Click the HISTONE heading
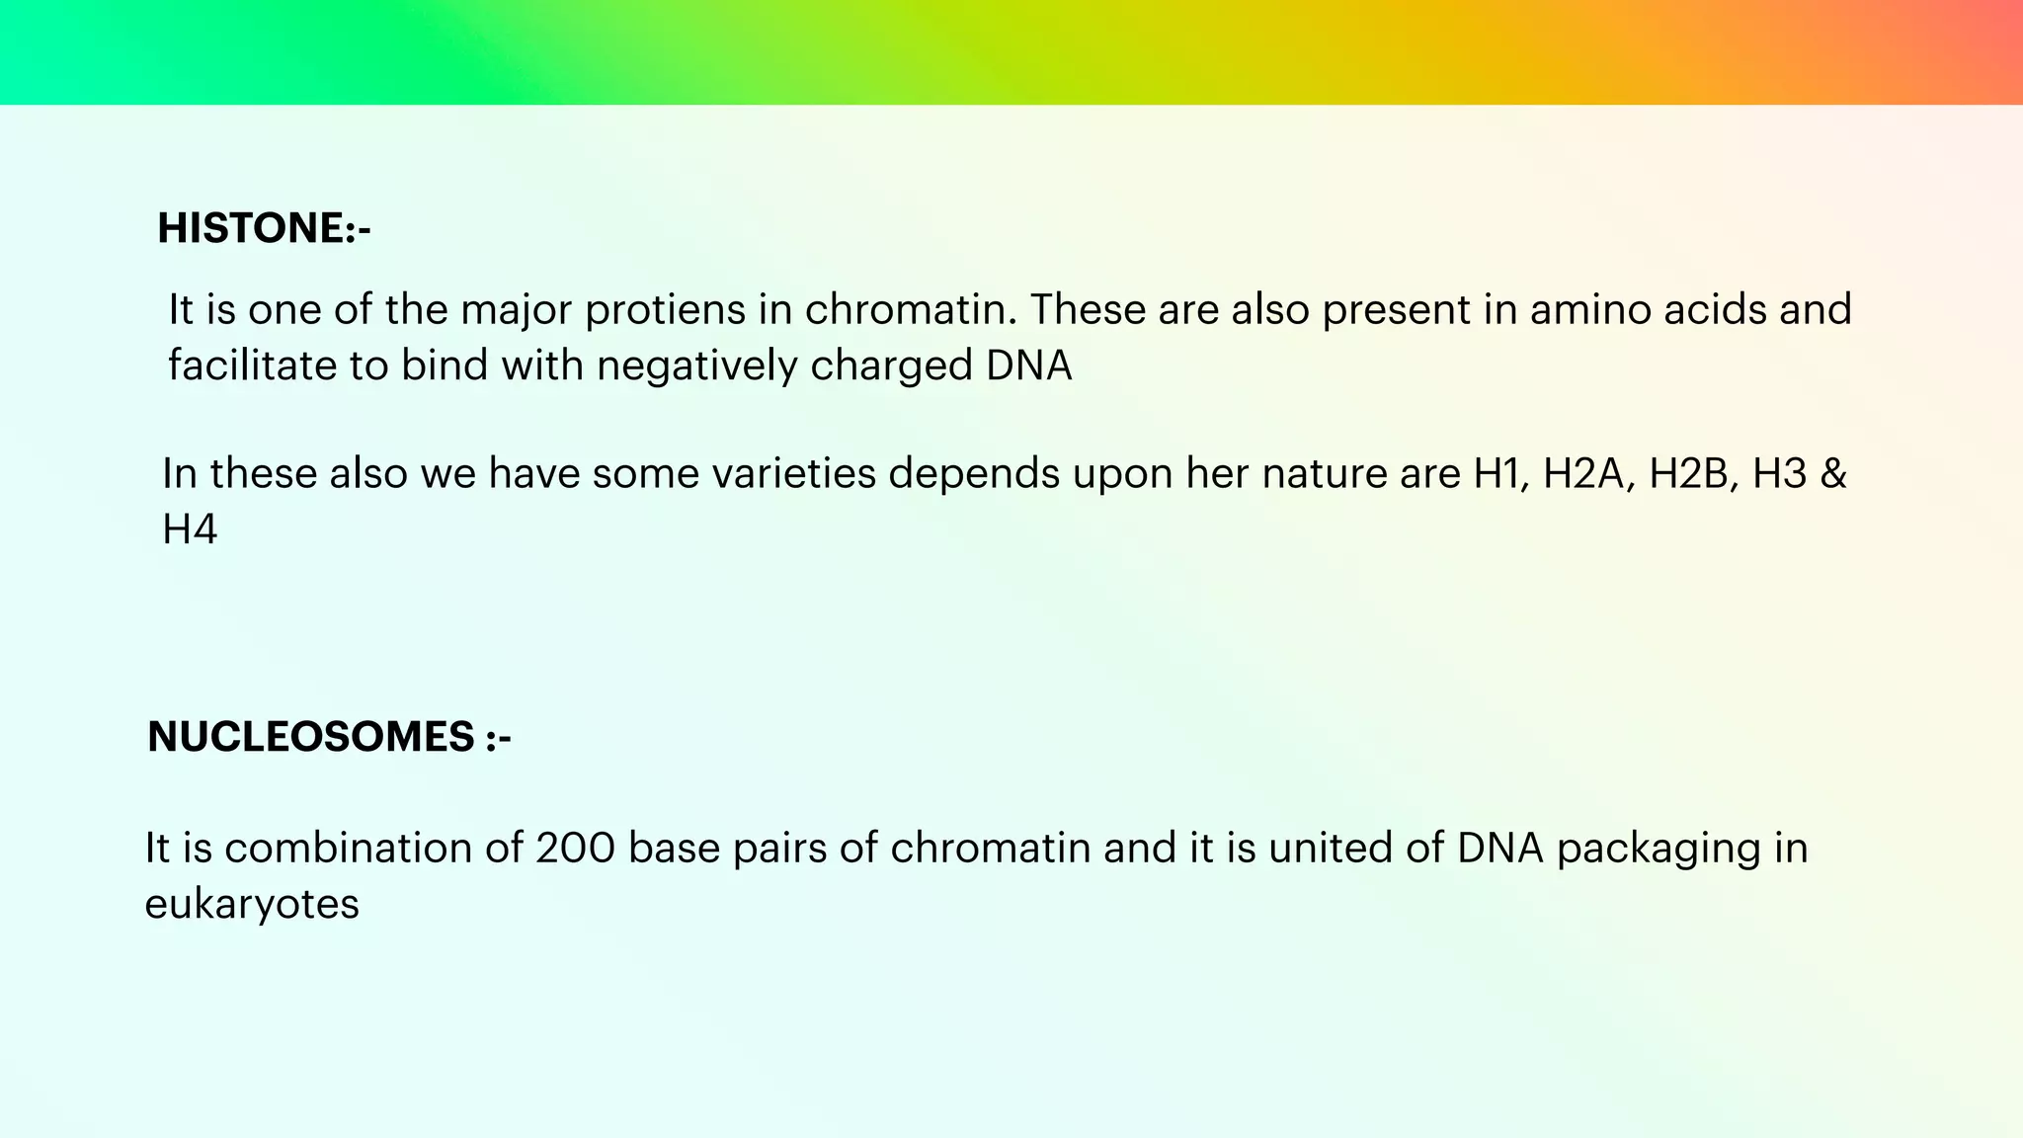coord(264,228)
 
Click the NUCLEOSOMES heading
coord(329,737)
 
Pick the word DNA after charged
coord(1028,366)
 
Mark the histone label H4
coord(190,530)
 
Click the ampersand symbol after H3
coord(1832,474)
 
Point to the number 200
coord(575,849)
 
